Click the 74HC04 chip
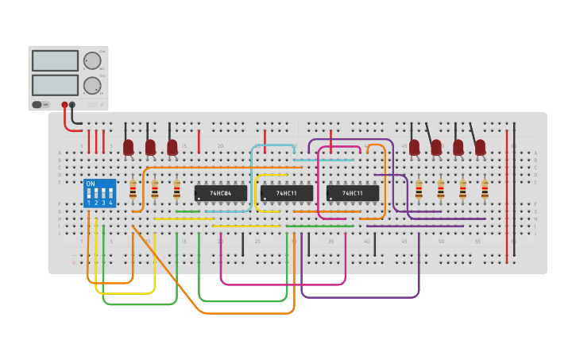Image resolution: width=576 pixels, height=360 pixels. (220, 193)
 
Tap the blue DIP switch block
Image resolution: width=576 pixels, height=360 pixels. (99, 193)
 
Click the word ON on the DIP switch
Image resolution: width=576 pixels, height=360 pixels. (90, 184)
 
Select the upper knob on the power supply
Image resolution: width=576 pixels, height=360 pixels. (92, 61)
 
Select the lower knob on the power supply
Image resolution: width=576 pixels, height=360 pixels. (92, 85)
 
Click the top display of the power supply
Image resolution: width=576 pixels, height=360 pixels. (55, 60)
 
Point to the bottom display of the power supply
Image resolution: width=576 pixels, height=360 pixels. (55, 84)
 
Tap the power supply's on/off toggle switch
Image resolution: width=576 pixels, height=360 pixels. (37, 104)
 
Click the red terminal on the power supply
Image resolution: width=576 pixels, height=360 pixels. (64, 105)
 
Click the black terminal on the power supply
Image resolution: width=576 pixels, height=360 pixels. (72, 105)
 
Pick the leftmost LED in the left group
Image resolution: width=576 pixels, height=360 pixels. (128, 147)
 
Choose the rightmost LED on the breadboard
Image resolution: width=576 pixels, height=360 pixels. (480, 147)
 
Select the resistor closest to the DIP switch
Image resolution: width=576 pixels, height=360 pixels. (133, 190)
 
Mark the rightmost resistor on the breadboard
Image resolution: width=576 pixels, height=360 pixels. (485, 190)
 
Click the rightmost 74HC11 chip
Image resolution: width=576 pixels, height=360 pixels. (353, 193)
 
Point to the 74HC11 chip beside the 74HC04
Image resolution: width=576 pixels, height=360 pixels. (286, 193)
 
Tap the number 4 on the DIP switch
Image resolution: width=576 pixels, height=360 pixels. (110, 203)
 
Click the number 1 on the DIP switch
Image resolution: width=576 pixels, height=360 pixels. (89, 203)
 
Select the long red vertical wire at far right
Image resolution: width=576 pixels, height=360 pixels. (506, 195)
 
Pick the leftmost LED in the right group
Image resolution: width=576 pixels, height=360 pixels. (414, 147)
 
